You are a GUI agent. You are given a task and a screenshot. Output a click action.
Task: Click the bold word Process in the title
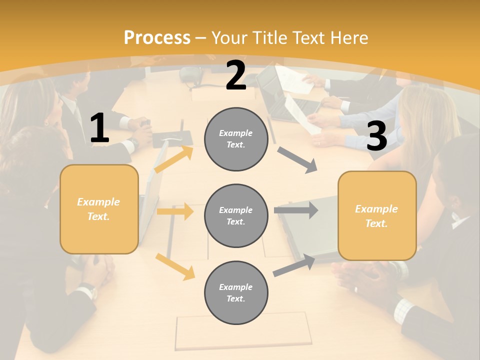tap(157, 37)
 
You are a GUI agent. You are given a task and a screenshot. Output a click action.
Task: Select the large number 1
tap(99, 128)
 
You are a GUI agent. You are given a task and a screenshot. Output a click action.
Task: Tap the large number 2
tap(236, 75)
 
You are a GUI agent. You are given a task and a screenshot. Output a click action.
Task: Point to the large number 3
tap(376, 136)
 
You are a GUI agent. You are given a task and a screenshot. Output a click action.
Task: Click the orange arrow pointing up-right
tap(174, 159)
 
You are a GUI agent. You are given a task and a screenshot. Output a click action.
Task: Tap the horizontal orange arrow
tap(174, 211)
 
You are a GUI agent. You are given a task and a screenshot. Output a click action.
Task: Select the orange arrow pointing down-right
tap(175, 266)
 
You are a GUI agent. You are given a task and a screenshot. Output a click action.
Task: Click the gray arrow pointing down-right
tap(297, 160)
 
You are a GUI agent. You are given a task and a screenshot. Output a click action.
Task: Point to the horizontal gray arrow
tap(295, 210)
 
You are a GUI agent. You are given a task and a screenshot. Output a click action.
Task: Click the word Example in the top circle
tap(236, 133)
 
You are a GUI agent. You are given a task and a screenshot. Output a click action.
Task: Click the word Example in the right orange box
tap(376, 209)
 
